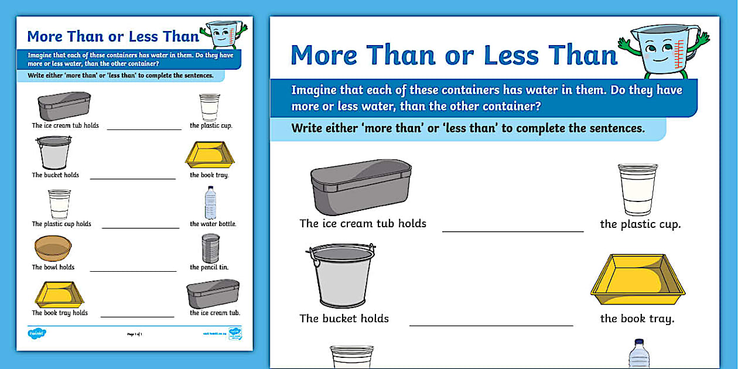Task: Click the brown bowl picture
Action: [53, 248]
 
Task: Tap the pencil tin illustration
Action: [210, 248]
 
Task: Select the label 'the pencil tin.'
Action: [209, 267]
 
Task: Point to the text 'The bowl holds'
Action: [53, 267]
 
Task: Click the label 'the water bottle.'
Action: [213, 224]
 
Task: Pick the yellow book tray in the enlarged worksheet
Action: [637, 279]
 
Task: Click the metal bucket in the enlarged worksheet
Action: [342, 275]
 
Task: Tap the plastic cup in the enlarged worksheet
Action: [637, 189]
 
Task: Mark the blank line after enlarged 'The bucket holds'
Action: [491, 325]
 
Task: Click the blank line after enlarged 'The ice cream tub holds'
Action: [512, 231]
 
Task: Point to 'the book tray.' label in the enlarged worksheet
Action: [637, 319]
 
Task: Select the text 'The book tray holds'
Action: [60, 313]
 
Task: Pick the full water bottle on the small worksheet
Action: [210, 203]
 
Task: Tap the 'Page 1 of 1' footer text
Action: [135, 334]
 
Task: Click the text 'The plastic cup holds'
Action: [61, 224]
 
